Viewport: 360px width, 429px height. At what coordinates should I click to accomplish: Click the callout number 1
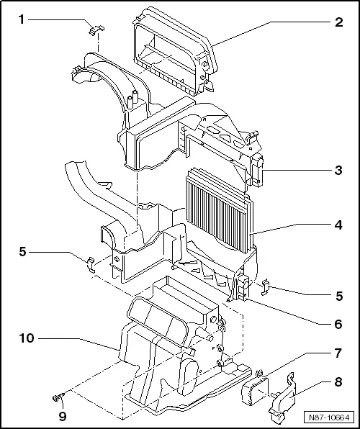point(22,20)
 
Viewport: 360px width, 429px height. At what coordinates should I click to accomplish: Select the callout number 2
point(338,21)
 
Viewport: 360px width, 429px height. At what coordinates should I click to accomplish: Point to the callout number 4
point(338,225)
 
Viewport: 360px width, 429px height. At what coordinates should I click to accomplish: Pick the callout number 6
point(338,323)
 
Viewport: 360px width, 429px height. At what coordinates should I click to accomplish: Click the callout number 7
point(338,353)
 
